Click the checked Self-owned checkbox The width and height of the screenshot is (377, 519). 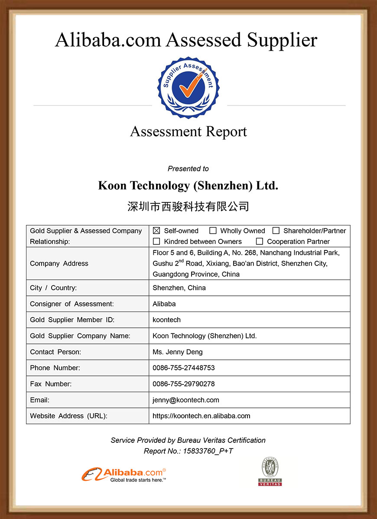[156, 231]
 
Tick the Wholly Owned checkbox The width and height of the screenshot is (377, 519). [213, 231]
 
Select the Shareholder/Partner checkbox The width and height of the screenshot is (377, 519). [276, 231]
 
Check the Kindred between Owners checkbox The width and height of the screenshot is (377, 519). [156, 241]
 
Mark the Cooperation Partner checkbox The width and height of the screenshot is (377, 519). [260, 241]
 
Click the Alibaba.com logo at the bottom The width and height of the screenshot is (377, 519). [124, 474]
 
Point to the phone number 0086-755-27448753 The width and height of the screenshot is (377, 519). [184, 368]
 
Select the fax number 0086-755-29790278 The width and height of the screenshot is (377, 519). [184, 384]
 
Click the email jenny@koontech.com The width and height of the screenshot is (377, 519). [186, 400]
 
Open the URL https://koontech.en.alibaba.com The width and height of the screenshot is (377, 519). [201, 416]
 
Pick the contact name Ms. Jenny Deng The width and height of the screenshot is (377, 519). [178, 352]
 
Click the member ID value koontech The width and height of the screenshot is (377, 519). [167, 320]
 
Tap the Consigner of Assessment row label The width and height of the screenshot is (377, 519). [72, 304]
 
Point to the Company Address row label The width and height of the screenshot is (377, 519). [59, 263]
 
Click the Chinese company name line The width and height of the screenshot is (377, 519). [188, 206]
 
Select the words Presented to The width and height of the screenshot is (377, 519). [188, 169]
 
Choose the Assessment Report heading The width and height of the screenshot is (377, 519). [188, 131]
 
